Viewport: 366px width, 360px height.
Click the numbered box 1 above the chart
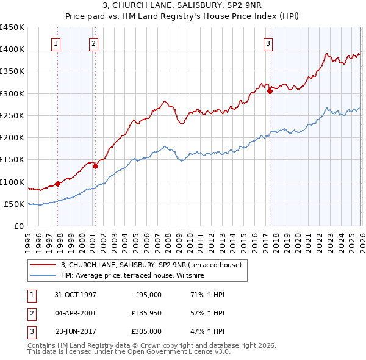coord(56,43)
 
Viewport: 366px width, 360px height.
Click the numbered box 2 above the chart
coord(93,43)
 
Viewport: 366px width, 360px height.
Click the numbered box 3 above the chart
coord(268,43)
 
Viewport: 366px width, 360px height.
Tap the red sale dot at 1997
coord(58,183)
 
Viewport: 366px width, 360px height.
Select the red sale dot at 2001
coord(95,166)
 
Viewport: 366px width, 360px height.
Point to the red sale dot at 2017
coord(270,92)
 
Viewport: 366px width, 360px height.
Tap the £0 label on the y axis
coord(18,226)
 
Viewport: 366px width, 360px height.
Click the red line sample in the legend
coord(43,265)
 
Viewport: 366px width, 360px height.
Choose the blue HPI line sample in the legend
coord(43,276)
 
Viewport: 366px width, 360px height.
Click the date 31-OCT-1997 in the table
coord(75,294)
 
